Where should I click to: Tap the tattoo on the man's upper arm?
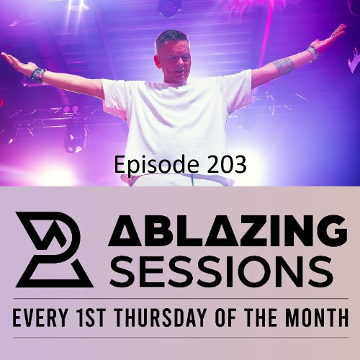pyautogui.click(x=283, y=66)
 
